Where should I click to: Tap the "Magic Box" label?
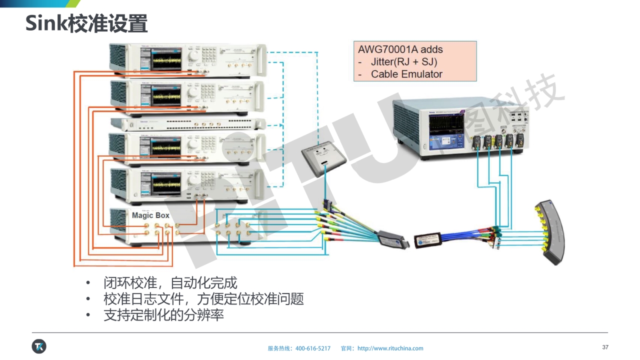(x=150, y=215)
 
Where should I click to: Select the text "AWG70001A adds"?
(x=400, y=49)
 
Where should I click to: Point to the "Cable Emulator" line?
(x=406, y=74)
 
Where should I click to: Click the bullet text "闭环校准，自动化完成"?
(x=170, y=283)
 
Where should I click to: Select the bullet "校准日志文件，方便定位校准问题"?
(x=203, y=299)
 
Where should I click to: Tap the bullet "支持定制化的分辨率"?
(x=163, y=315)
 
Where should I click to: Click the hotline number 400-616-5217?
(x=313, y=348)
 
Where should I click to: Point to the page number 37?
(x=605, y=347)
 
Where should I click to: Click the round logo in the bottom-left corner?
(x=39, y=346)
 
